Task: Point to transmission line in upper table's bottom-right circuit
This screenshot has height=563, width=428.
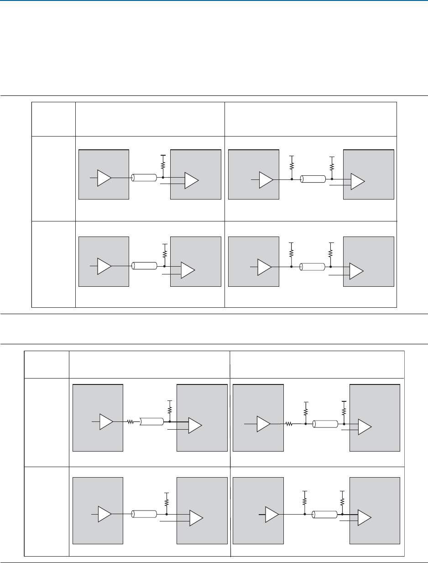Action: point(313,267)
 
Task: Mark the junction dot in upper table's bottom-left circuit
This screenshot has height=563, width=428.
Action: point(163,265)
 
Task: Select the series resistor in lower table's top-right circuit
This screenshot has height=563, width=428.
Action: point(289,424)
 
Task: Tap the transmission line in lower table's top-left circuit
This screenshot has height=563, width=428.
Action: point(151,422)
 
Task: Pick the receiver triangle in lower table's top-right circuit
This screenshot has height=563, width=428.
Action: point(365,427)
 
